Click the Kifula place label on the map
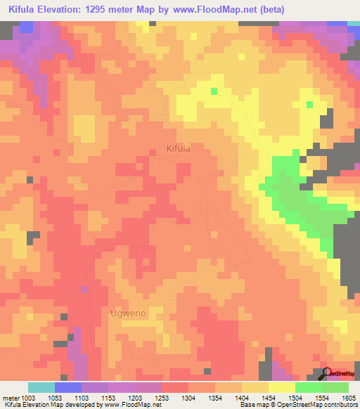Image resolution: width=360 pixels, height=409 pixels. click(178, 149)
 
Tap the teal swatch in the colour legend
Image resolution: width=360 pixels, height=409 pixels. click(41, 387)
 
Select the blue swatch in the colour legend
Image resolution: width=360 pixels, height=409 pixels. click(68, 387)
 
